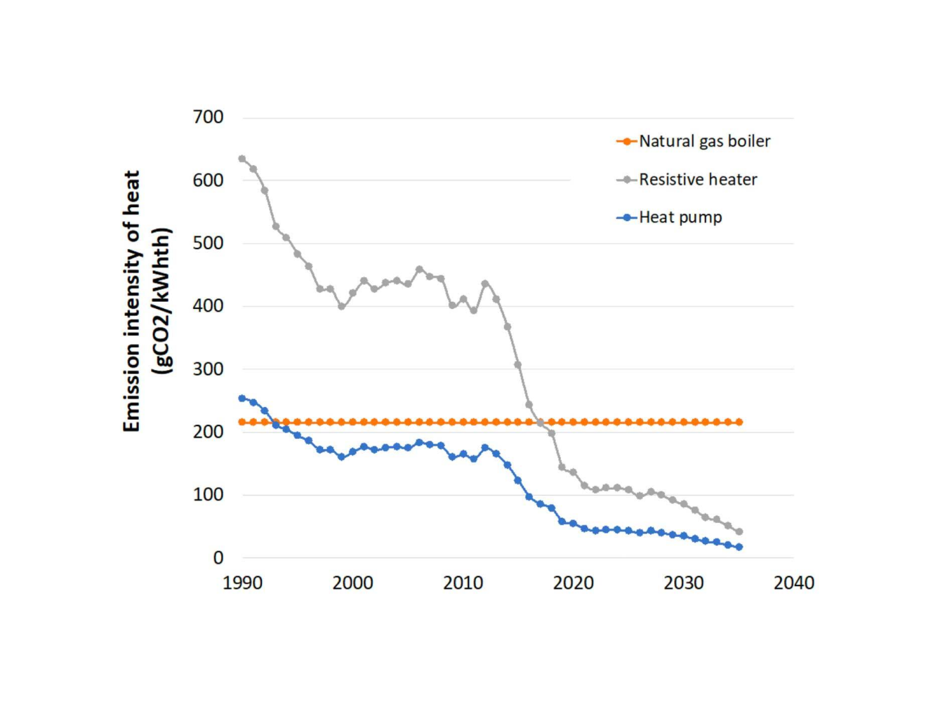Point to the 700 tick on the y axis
(x=208, y=117)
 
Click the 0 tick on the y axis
(x=218, y=558)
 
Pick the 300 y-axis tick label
(x=208, y=369)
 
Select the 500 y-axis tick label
(x=208, y=244)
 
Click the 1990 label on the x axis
(x=242, y=583)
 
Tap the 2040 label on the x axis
(x=793, y=583)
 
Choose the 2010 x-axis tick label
(x=463, y=583)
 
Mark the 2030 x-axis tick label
(x=683, y=583)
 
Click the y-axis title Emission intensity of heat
(x=132, y=302)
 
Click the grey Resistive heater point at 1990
(x=242, y=159)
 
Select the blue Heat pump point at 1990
(x=242, y=398)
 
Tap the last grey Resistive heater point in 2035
(x=739, y=531)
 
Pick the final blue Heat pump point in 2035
(x=739, y=547)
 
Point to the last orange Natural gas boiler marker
(x=739, y=422)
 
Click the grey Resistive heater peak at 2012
(x=485, y=284)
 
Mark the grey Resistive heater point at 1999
(x=342, y=306)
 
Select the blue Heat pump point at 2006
(x=419, y=442)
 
